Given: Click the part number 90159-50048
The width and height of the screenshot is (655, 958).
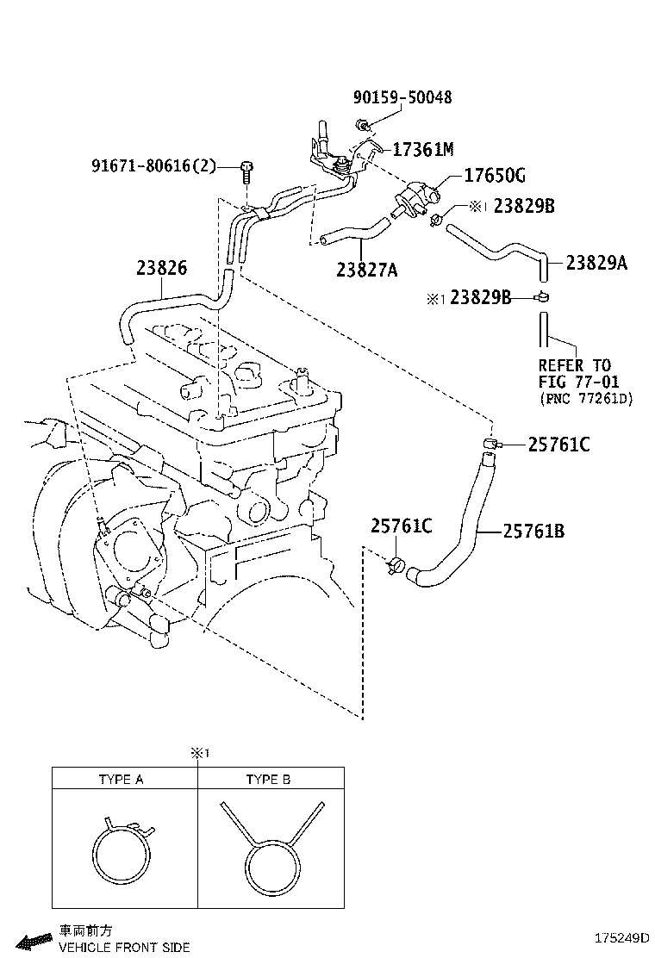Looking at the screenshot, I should tap(402, 98).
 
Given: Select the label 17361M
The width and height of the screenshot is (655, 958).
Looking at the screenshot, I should tap(422, 149).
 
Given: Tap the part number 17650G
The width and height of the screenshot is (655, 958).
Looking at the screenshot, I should tap(494, 176).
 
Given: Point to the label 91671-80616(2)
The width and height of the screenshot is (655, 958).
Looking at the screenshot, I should tap(153, 165).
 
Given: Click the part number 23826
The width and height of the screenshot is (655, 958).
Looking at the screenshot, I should tap(161, 268).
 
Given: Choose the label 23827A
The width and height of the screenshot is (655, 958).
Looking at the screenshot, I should tap(367, 271).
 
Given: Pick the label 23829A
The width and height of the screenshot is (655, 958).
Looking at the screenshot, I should tap(596, 263).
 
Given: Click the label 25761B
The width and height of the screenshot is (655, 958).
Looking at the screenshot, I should tap(533, 532).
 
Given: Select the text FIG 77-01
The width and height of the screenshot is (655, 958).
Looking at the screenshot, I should tap(579, 382).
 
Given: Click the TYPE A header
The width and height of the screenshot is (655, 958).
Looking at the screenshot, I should tap(121, 780).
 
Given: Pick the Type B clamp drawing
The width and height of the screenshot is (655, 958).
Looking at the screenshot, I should tap(271, 853).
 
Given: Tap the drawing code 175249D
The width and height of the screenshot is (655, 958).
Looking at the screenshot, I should tap(620, 937).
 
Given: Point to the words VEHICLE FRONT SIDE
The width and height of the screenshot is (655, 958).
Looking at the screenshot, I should tap(123, 947).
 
